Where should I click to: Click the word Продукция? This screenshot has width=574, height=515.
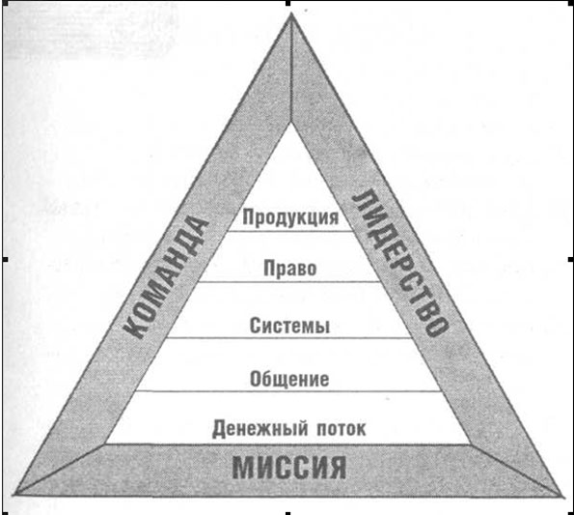(x=290, y=217)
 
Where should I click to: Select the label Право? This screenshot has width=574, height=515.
(x=290, y=269)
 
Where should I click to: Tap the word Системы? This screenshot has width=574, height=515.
(x=289, y=325)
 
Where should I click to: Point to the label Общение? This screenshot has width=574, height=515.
(x=289, y=379)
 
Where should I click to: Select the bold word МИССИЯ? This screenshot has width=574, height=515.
(x=288, y=468)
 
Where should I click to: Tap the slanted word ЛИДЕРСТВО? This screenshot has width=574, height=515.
(x=400, y=263)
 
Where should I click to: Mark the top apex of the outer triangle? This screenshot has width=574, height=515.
(x=291, y=13)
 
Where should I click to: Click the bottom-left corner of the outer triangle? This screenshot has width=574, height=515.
(x=14, y=495)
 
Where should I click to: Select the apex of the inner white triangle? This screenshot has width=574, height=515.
(x=291, y=123)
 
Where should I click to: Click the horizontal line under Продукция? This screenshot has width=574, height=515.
(x=289, y=231)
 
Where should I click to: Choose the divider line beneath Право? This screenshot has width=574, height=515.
(x=289, y=282)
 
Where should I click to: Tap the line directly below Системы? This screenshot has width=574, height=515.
(x=289, y=337)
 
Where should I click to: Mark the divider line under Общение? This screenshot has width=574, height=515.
(x=289, y=391)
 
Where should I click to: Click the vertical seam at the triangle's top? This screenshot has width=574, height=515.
(x=291, y=68)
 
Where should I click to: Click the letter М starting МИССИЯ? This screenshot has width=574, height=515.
(x=243, y=468)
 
